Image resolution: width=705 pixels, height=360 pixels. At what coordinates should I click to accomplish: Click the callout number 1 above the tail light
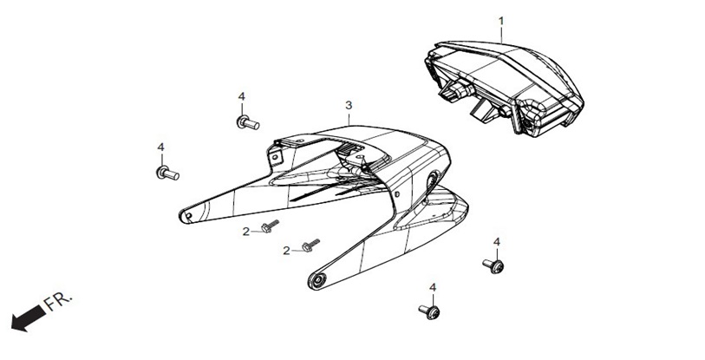coord(501,21)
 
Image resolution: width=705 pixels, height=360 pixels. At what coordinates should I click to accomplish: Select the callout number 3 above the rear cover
coord(349,106)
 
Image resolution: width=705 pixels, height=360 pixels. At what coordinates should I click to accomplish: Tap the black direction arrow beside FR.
coord(29,318)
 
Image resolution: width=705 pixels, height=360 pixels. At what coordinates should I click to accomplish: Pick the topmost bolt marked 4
coord(248,122)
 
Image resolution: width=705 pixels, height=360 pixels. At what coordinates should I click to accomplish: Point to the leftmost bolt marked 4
coord(167,173)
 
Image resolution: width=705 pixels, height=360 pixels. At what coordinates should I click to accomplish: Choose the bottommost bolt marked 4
coord(429,311)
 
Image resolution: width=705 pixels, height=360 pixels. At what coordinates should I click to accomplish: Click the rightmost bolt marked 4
coord(493,266)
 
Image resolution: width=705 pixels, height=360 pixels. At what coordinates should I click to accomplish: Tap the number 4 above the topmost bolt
coord(242,96)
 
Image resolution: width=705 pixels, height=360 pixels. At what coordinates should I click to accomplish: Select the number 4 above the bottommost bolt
coord(433,287)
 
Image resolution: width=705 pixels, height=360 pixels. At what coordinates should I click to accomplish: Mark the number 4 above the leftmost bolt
coord(161,147)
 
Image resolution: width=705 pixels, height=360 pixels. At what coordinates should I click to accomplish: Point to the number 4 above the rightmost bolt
coord(496,242)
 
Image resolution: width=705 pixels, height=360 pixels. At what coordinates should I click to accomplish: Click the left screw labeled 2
coord(270,226)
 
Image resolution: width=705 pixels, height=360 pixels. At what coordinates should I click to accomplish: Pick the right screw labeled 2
coord(310,245)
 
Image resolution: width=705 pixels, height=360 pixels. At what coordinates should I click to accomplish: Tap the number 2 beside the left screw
coord(246,232)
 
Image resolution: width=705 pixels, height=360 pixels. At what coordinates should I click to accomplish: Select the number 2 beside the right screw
coord(286,251)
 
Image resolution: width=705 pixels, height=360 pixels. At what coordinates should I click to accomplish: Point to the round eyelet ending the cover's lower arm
coord(318,281)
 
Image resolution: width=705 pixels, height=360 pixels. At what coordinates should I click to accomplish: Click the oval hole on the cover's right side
coord(432,180)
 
